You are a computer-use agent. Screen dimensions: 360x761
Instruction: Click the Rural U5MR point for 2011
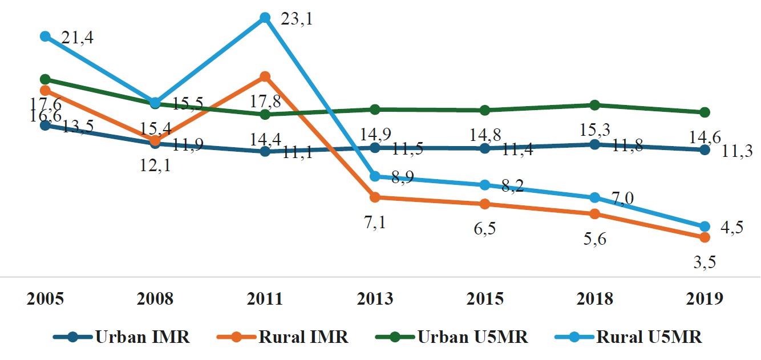click(265, 18)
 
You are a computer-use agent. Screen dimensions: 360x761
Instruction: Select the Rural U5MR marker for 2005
click(45, 37)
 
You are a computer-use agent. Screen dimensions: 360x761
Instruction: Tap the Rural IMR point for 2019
click(705, 237)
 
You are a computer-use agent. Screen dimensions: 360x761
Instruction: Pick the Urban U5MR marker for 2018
click(594, 105)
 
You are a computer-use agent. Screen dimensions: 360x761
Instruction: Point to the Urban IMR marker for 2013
click(375, 148)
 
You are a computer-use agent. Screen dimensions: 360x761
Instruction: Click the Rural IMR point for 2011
click(265, 76)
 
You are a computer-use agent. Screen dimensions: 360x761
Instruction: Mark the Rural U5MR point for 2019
click(705, 226)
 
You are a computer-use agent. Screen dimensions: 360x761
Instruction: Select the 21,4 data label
click(77, 38)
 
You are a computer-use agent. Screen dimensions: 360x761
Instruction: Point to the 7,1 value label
click(375, 223)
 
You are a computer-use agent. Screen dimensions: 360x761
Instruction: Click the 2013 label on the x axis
click(375, 300)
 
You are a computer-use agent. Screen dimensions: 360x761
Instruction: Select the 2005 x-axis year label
click(45, 300)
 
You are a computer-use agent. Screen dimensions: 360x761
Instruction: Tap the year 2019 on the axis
click(705, 300)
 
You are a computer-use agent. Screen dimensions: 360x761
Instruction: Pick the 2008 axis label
click(155, 300)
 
